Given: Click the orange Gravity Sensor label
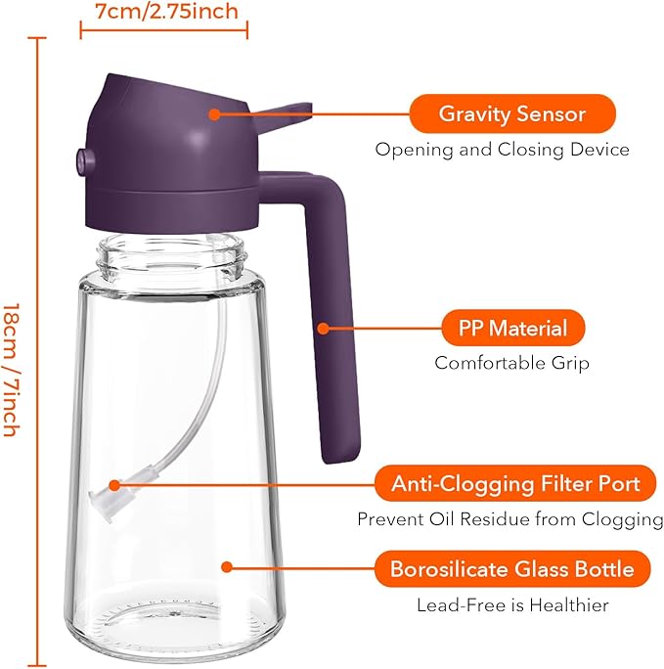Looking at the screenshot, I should (x=511, y=113).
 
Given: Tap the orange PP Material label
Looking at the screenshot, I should (x=512, y=328).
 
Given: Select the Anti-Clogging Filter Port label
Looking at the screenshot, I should (x=515, y=483).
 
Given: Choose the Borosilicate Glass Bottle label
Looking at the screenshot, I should (x=511, y=568).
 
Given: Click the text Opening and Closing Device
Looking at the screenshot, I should (x=502, y=151).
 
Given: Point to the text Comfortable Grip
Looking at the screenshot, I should (x=511, y=363).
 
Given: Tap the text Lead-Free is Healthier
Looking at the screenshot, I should (x=512, y=605).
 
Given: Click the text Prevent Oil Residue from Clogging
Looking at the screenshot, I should (x=509, y=518).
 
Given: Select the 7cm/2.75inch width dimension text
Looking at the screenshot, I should (x=165, y=12).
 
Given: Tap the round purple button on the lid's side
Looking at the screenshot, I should (x=81, y=156).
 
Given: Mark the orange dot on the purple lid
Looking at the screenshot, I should (x=213, y=113).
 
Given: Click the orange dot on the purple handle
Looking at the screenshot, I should (x=322, y=328).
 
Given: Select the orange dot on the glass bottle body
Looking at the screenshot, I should (x=226, y=566).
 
